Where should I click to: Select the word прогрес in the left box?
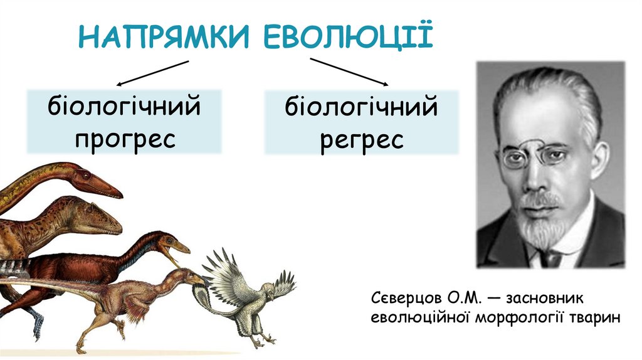tap(125, 137)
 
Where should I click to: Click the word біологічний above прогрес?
tap(125, 108)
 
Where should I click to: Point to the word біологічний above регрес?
tap(362, 109)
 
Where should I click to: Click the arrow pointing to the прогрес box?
tap(152, 72)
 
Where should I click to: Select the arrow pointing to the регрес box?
tap(349, 72)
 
